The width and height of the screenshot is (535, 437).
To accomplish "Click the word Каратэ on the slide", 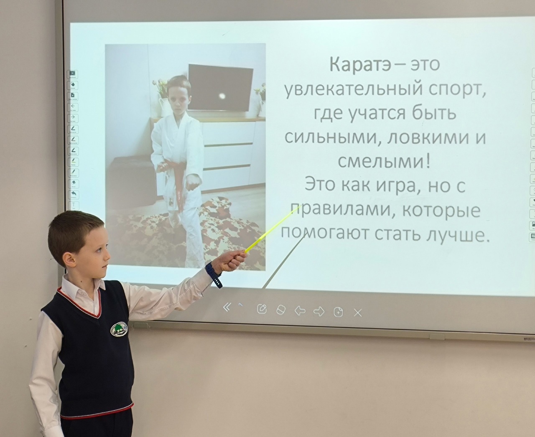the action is pos(360,64).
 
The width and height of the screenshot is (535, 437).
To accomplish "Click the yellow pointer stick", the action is pos(273,228).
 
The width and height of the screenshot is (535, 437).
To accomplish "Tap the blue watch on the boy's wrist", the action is pos(213,274).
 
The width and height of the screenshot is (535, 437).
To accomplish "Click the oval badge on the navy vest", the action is pos(119,329).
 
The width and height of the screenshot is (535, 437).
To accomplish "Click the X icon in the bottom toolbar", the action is pos(358,313).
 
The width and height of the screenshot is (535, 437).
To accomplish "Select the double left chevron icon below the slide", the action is pos(227,307).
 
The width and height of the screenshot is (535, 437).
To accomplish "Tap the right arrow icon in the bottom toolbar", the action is pos(319,311).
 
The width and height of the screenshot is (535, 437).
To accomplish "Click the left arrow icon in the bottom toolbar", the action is pos(300,311).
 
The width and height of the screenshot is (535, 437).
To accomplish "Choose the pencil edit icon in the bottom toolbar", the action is pos(262,309).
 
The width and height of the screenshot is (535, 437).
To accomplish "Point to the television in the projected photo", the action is pos(220,87).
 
